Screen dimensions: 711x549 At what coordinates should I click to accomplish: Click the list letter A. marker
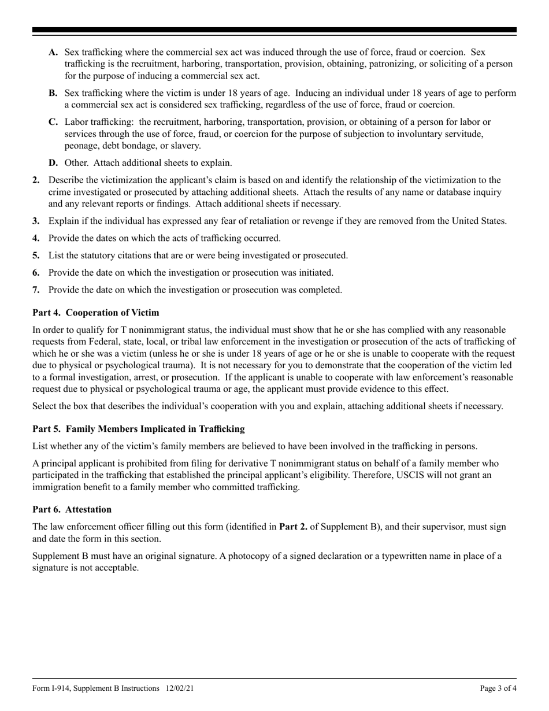click(x=53, y=53)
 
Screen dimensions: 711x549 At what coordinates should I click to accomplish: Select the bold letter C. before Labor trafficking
click(x=53, y=123)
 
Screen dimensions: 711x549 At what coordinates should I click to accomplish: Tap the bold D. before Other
click(x=54, y=163)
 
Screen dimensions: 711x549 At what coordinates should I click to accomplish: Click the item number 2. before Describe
click(x=36, y=180)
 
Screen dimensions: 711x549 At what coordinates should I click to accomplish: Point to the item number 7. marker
click(x=36, y=290)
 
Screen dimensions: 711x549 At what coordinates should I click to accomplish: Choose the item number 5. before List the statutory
click(x=36, y=255)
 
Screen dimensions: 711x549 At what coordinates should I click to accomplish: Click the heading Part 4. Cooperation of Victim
click(x=95, y=313)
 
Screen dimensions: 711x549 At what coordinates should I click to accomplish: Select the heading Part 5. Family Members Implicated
click(x=138, y=429)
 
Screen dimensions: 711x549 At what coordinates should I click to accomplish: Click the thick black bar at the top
click(x=274, y=29)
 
